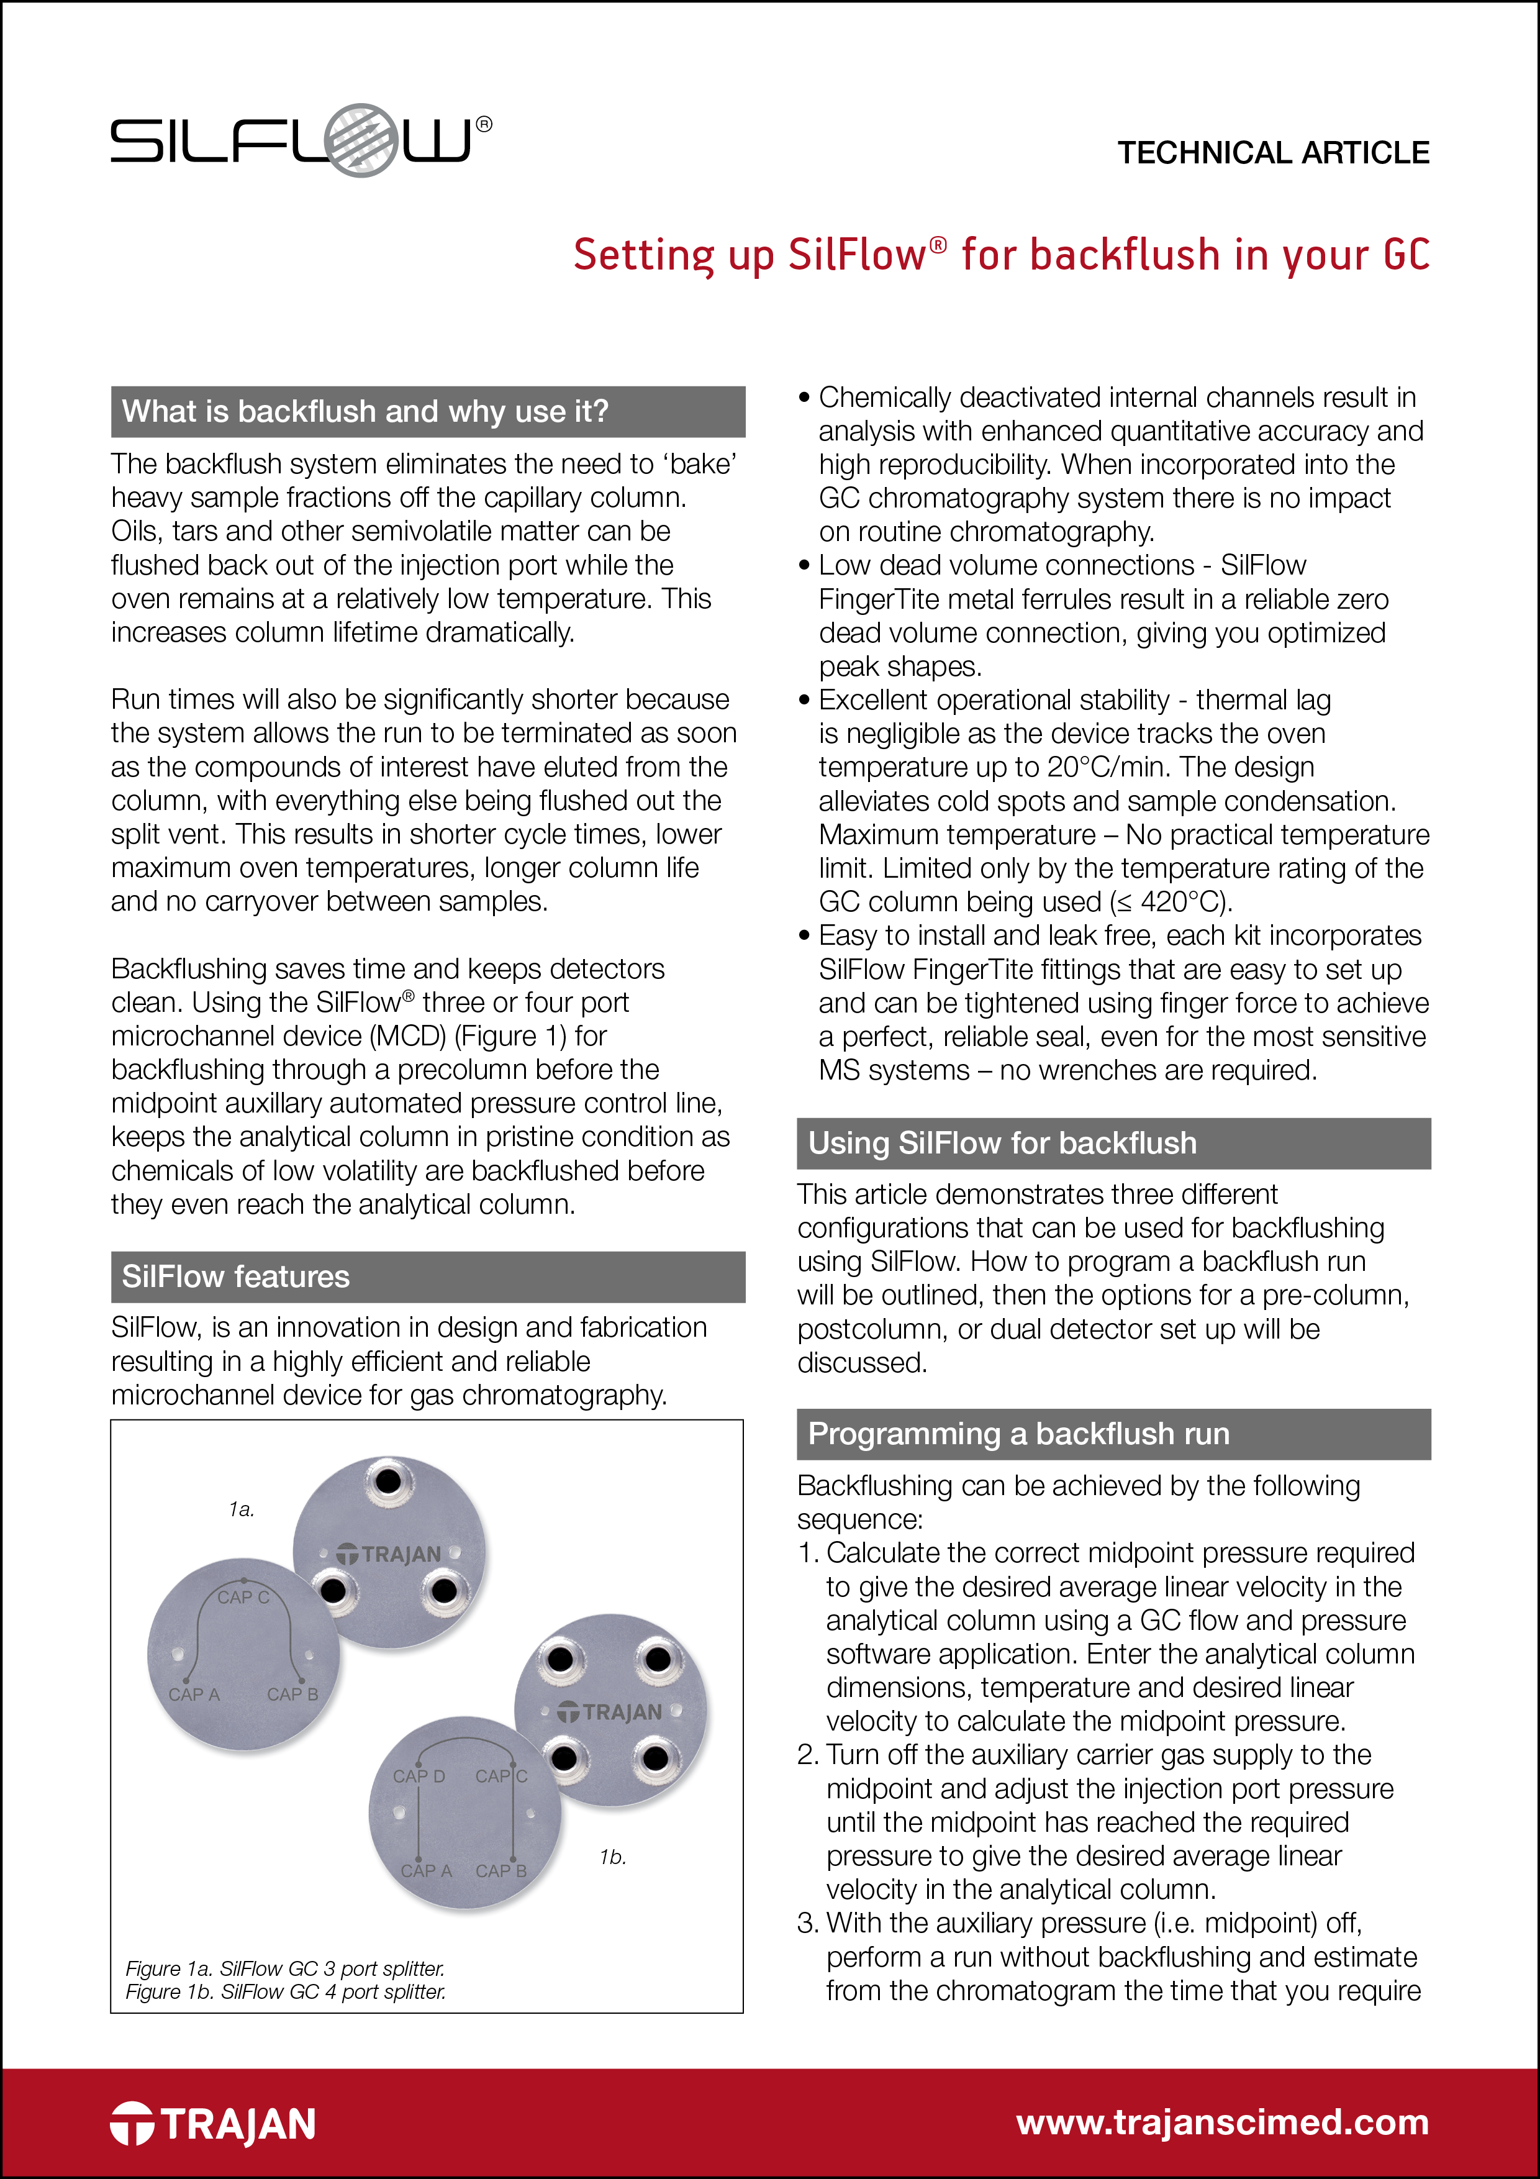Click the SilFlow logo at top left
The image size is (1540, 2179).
coord(289,140)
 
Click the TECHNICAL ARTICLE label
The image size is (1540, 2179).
coord(1272,153)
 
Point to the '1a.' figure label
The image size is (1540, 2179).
coord(241,1509)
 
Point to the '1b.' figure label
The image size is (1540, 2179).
coord(612,1857)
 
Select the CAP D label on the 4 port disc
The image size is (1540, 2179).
coord(419,1776)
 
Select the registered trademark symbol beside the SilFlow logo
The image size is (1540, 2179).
coord(484,124)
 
